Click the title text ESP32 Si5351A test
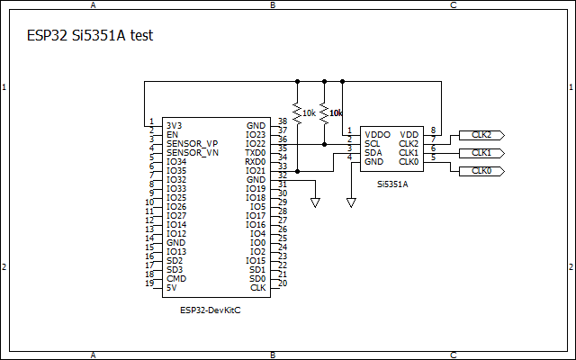tap(91, 36)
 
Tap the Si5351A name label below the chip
tap(392, 184)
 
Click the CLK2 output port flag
tap(481, 135)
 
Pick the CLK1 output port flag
tap(481, 153)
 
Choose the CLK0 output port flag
tap(481, 171)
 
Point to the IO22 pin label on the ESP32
tap(256, 144)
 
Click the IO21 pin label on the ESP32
tap(256, 171)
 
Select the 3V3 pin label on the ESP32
tap(174, 126)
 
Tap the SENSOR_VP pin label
tap(192, 144)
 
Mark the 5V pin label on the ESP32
tap(171, 288)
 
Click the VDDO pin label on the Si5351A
tap(377, 134)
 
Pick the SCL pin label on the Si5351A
tap(372, 143)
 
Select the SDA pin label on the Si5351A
tap(373, 152)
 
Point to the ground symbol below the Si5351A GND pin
tap(351, 203)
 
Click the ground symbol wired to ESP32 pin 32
tap(315, 203)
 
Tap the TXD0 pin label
tap(255, 153)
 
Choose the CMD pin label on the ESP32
tap(175, 279)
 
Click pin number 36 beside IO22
tap(283, 139)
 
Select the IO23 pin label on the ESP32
tap(256, 135)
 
